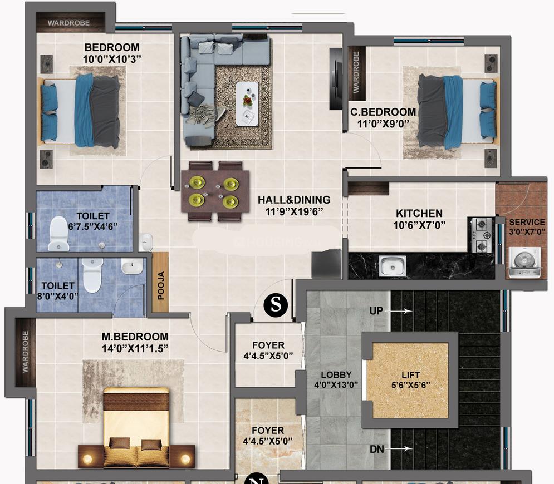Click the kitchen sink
click(393, 265)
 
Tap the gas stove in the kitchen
click(482, 235)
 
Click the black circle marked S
click(274, 305)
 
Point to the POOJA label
click(161, 286)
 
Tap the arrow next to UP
click(404, 312)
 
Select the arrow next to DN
click(404, 448)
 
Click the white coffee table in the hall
click(247, 103)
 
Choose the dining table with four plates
click(214, 191)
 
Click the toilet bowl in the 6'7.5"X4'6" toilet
click(58, 234)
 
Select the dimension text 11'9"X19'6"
click(293, 211)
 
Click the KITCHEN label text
click(419, 213)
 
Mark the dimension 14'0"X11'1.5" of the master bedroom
click(135, 348)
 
